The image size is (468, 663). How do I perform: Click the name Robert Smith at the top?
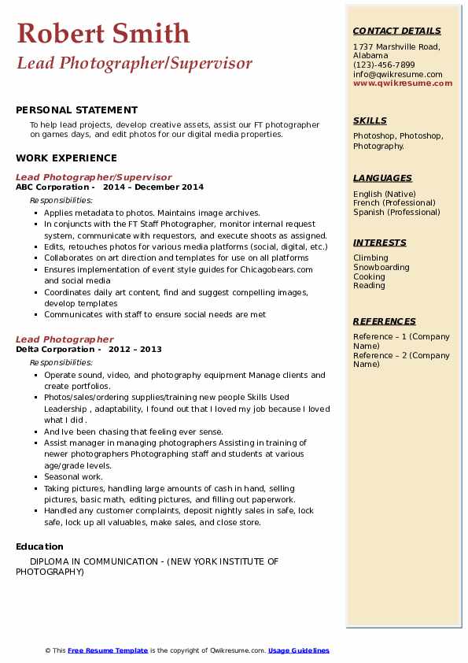tap(103, 33)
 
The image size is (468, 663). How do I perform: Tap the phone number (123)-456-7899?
tap(384, 65)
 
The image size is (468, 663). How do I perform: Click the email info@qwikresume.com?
tap(397, 74)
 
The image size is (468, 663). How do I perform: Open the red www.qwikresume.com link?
tap(402, 83)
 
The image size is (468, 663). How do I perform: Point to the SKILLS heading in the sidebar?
tap(370, 120)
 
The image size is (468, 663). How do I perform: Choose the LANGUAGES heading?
tap(382, 178)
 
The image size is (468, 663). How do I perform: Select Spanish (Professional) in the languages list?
tap(396, 212)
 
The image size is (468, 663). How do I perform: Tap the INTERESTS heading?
tap(380, 243)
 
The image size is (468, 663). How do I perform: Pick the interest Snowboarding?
tap(381, 268)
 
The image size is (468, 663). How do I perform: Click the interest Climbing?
tap(370, 258)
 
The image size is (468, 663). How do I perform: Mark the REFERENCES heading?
tap(385, 321)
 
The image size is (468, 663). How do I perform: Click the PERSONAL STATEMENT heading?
tap(76, 110)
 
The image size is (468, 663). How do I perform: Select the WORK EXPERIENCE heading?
tap(66, 158)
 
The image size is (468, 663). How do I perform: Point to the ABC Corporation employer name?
tap(52, 187)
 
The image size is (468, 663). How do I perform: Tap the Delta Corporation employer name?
tap(54, 350)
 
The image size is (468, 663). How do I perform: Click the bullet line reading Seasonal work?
tap(73, 477)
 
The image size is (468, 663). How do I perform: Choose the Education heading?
tap(39, 546)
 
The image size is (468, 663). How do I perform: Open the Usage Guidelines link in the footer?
tap(298, 650)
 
